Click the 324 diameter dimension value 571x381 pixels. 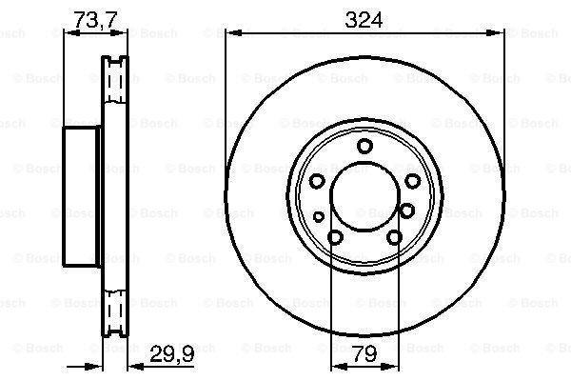tap(364, 18)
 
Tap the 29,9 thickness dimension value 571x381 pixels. tap(173, 354)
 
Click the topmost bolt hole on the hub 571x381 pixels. tap(364, 146)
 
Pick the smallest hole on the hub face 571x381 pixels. tap(319, 217)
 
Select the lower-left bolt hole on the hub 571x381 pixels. tap(334, 238)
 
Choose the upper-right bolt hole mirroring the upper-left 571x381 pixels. tap(411, 181)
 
